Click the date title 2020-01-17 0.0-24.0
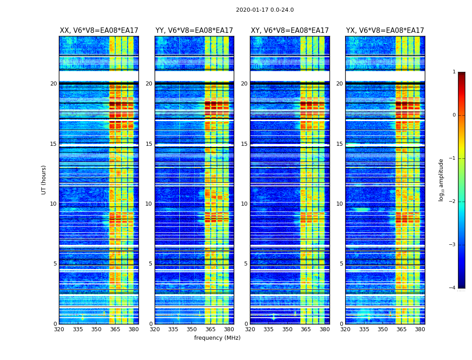pyautogui.click(x=265, y=10)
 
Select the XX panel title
pyautogui.click(x=99, y=31)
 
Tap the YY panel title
pyautogui.click(x=194, y=31)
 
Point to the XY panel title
pyautogui.click(x=289, y=31)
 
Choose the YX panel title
pyautogui.click(x=385, y=31)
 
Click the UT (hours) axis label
pyautogui.click(x=44, y=180)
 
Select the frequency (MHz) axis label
pyautogui.click(x=217, y=338)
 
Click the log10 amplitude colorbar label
pyautogui.click(x=441, y=180)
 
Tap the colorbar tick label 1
pyautogui.click(x=454, y=72)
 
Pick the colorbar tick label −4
pyautogui.click(x=453, y=288)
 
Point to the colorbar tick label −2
pyautogui.click(x=453, y=202)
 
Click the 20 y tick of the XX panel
pyautogui.click(x=53, y=84)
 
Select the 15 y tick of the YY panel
pyautogui.click(x=149, y=144)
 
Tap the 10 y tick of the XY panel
pyautogui.click(x=244, y=204)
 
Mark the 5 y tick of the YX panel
pyautogui.click(x=342, y=264)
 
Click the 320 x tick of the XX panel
pyautogui.click(x=59, y=329)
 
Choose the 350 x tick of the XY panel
pyautogui.click(x=287, y=329)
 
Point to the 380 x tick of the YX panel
pyautogui.click(x=420, y=329)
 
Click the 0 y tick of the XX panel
pyautogui.click(x=55, y=324)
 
